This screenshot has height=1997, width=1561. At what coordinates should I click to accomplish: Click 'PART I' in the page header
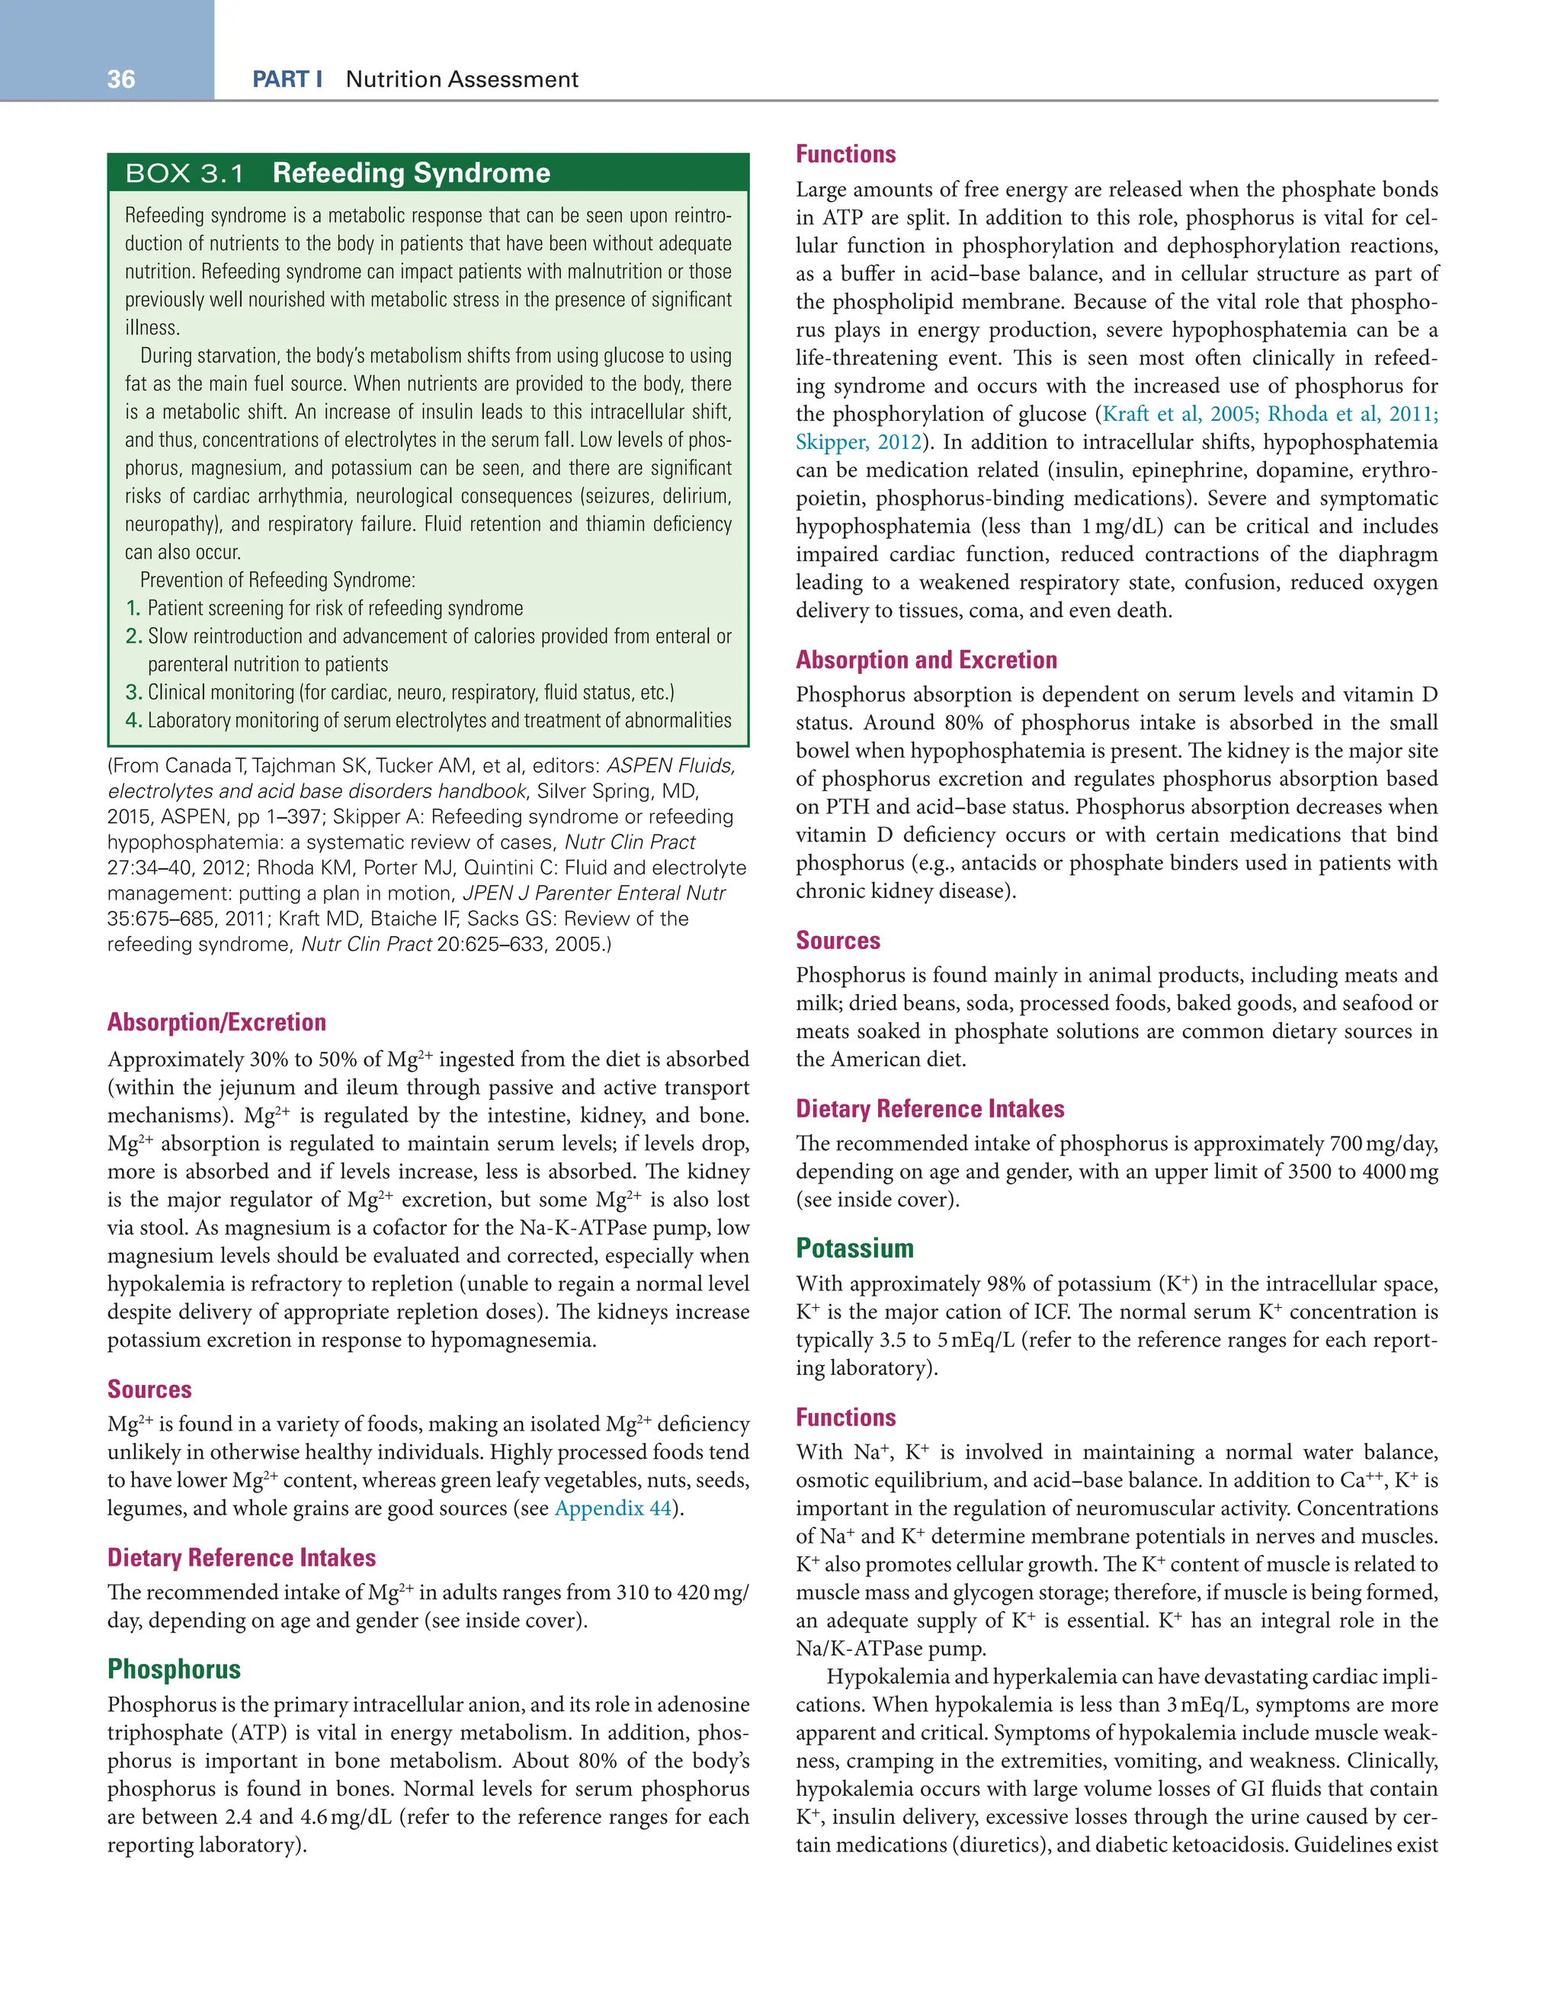[287, 79]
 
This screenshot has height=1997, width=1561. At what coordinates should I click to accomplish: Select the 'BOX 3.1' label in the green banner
[184, 173]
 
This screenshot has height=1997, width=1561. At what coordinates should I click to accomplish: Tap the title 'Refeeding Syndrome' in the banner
[411, 173]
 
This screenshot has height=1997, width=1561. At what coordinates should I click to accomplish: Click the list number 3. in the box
[133, 692]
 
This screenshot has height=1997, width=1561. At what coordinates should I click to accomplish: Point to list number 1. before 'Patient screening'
[133, 608]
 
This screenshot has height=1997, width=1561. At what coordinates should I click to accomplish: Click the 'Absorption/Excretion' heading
[216, 1022]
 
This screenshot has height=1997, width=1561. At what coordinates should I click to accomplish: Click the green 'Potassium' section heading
[854, 1249]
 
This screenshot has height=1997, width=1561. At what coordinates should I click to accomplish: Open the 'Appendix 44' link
[613, 1508]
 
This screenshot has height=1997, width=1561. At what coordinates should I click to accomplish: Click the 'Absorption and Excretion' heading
[925, 659]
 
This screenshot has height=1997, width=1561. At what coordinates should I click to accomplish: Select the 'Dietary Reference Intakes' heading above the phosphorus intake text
[929, 1108]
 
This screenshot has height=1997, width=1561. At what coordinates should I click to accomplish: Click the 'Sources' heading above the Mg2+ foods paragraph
[149, 1389]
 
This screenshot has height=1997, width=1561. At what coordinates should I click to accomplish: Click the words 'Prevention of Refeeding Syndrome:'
[277, 581]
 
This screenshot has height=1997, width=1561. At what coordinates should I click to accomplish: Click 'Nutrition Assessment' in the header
[462, 79]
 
